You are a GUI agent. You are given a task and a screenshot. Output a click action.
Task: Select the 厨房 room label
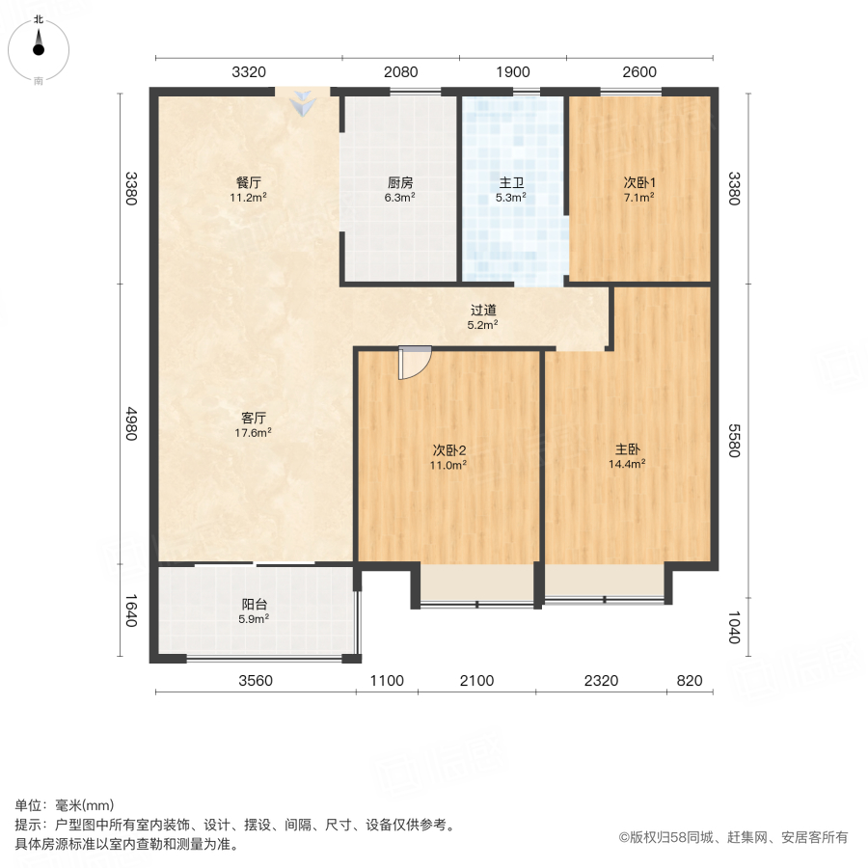[x=400, y=181]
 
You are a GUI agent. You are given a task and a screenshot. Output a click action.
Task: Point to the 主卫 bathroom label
[x=511, y=181]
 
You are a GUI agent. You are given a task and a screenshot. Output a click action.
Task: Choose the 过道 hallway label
[x=483, y=311]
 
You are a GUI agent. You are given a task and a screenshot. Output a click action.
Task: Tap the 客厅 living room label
[x=254, y=418]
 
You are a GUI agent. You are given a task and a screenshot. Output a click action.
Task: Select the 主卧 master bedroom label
[x=628, y=448]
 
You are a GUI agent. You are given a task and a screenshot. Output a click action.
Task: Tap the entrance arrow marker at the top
[x=303, y=102]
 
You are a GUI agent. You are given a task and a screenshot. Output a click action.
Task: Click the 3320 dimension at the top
[x=248, y=71]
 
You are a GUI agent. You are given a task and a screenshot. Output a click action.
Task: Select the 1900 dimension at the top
[x=513, y=71]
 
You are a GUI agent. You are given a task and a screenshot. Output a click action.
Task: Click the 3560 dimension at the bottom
[x=256, y=681]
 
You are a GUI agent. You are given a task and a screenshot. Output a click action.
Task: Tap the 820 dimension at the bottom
[x=691, y=681]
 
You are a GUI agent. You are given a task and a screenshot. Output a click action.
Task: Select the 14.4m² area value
[x=628, y=464]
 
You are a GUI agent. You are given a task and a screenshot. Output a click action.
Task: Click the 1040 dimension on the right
[x=734, y=629]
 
